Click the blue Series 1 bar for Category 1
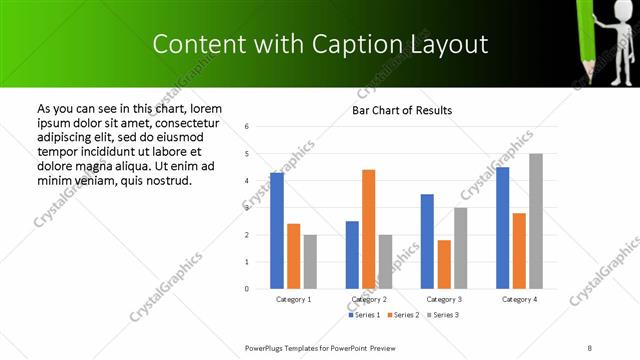(x=277, y=231)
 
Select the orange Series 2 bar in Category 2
(x=368, y=229)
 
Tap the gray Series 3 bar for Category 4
(x=536, y=221)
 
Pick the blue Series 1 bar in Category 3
(x=427, y=241)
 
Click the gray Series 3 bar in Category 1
(x=310, y=261)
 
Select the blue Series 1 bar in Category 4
(x=502, y=228)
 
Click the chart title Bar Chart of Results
(x=402, y=110)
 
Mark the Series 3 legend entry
(x=441, y=315)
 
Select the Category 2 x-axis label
(x=368, y=299)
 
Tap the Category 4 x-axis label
(x=519, y=299)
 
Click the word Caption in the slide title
(x=349, y=44)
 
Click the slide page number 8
(x=590, y=346)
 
